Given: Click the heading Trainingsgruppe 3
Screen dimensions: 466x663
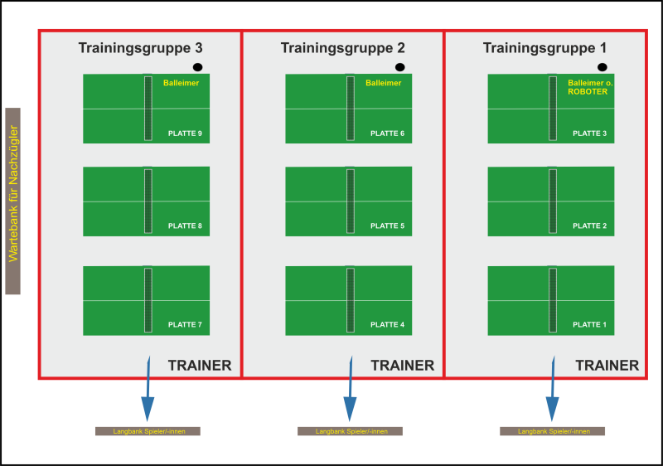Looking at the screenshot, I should point(140,48).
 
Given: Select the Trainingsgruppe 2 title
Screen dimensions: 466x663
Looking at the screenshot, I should point(342,48).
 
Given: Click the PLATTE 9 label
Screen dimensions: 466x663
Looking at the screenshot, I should point(185,133).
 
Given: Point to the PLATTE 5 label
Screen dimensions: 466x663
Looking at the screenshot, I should point(387,226).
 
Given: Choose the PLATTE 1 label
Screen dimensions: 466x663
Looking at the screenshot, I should point(589,325).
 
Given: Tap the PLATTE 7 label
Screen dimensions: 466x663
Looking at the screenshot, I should point(185,325).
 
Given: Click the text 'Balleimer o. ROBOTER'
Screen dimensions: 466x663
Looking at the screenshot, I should point(590,87).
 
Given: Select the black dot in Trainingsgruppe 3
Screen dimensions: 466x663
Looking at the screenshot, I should point(197,67).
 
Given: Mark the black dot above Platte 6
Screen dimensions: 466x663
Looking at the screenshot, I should point(400,67).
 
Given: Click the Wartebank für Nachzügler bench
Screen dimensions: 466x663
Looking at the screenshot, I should point(12,201).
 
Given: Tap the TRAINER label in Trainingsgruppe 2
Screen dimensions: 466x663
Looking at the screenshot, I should point(402,366).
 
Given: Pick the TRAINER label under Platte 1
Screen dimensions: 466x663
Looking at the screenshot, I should point(607,366).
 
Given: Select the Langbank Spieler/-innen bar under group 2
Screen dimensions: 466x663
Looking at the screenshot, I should point(351,431).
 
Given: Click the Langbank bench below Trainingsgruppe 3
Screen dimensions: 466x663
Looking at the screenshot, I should point(148,431).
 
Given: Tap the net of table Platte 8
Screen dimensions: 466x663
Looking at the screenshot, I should point(148,201).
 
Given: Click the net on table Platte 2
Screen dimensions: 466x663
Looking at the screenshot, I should point(553,201).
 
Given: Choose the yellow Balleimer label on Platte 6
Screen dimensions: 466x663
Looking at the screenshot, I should point(383,83).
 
